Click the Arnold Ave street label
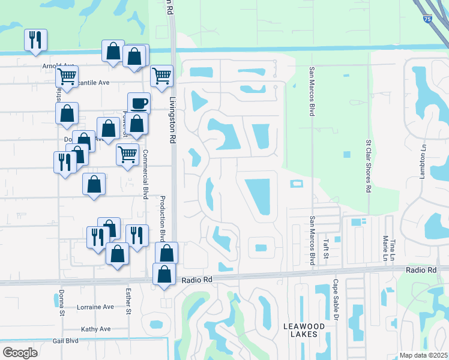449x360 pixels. point(58,65)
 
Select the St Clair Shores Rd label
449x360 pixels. point(369,166)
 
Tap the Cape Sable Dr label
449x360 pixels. point(336,301)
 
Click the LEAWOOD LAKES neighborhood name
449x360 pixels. point(304,331)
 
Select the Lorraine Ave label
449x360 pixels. point(95,307)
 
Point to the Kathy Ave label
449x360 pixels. point(95,329)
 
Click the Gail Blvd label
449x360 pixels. point(65,340)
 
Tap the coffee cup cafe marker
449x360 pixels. point(139,102)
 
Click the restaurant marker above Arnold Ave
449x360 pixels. point(35,40)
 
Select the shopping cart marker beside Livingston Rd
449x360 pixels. point(161,76)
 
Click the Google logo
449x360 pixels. point(20,353)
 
